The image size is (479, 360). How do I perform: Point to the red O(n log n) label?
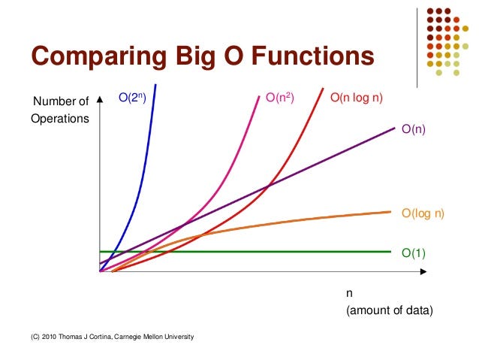coord(359,97)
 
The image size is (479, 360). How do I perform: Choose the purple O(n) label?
coord(414,129)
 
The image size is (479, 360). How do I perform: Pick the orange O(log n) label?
coord(423,213)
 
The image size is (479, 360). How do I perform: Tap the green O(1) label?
coord(414,253)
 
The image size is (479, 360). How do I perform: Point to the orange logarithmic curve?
coord(300,220)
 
